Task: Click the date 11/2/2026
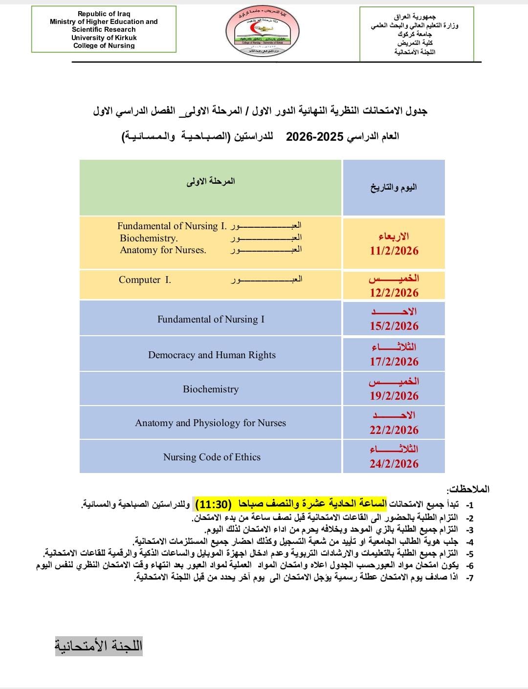click(x=394, y=251)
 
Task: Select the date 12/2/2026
click(x=394, y=293)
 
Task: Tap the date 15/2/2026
click(x=394, y=326)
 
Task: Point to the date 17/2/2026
click(x=394, y=362)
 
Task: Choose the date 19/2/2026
click(x=394, y=396)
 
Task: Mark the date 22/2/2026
click(x=394, y=430)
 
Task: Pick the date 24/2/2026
click(x=394, y=464)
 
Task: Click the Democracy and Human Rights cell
click(x=212, y=355)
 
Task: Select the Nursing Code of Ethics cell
click(x=212, y=457)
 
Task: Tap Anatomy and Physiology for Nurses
click(x=210, y=423)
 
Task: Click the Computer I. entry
click(x=145, y=280)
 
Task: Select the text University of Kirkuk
click(x=104, y=38)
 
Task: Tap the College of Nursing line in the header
click(x=104, y=45)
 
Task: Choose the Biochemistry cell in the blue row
click(x=211, y=389)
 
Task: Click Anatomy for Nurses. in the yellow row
click(x=163, y=250)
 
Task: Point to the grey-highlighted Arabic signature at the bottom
click(x=98, y=646)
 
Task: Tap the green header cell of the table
click(x=210, y=188)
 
